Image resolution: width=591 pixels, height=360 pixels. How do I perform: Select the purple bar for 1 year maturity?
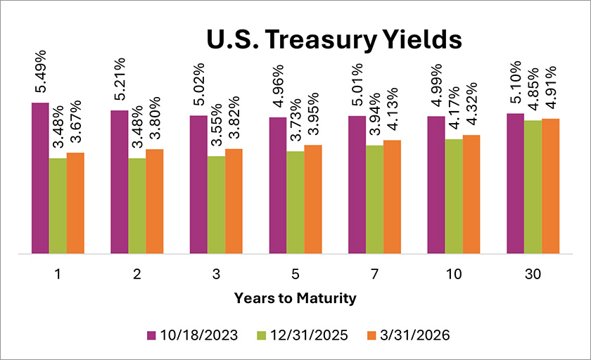point(40,178)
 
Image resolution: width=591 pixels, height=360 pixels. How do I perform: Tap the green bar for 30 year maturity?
point(533,186)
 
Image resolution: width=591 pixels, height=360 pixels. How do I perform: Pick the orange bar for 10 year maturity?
point(471,193)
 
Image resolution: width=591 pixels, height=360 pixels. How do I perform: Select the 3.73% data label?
point(295,124)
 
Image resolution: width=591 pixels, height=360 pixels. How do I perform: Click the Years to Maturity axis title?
point(295,298)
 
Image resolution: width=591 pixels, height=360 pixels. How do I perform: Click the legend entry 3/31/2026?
point(415,335)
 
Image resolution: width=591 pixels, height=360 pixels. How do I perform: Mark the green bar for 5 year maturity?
point(295,202)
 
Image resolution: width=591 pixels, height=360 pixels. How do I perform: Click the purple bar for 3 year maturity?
point(198,184)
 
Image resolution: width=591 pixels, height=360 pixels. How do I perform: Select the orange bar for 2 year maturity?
point(155,201)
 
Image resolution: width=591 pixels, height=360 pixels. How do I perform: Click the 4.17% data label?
point(454,112)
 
